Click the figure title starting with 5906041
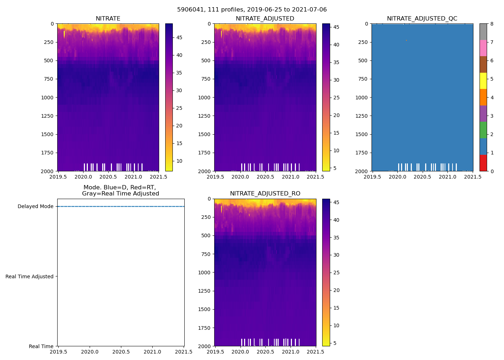[x=252, y=10]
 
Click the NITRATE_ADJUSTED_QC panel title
[x=422, y=19]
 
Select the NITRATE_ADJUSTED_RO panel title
[x=265, y=194]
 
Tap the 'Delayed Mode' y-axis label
[x=35, y=206]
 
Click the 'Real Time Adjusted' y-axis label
[x=29, y=276]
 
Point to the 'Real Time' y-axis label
[x=41, y=346]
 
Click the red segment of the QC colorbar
[x=483, y=163]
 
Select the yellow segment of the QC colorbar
[x=483, y=81]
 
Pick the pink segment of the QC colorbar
[x=483, y=48]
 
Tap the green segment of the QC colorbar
[x=483, y=130]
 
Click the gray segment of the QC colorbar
[x=483, y=32]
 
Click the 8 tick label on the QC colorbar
[x=492, y=24]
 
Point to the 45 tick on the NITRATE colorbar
[x=179, y=37]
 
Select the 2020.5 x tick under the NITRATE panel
[x=108, y=177]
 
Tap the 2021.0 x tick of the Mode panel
[x=153, y=352]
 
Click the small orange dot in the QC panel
[x=406, y=40]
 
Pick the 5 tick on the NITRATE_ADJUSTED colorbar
[x=335, y=168]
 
